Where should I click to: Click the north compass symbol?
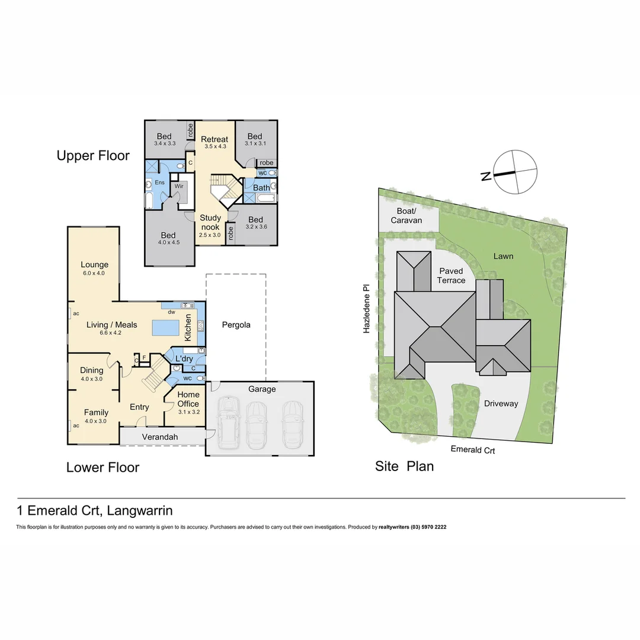(x=516, y=172)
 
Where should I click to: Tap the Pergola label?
(x=236, y=325)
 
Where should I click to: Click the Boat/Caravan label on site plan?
(x=407, y=216)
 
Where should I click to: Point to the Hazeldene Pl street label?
(x=367, y=308)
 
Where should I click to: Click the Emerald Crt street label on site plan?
(x=472, y=450)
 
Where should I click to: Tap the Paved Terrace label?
(x=451, y=276)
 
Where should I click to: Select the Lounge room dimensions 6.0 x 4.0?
(x=95, y=273)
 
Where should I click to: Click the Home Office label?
(x=188, y=399)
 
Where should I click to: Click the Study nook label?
(x=210, y=222)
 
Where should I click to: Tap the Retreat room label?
(x=214, y=139)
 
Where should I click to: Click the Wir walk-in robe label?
(x=178, y=186)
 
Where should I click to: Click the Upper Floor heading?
(x=93, y=156)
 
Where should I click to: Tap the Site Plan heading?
(x=404, y=466)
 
